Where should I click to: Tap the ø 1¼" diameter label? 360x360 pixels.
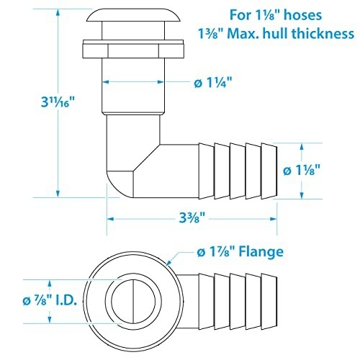point(213,83)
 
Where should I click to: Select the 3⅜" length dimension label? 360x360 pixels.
point(192,218)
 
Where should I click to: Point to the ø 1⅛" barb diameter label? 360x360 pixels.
point(302,170)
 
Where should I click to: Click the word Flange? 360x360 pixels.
point(261,251)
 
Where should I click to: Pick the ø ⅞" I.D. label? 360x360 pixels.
point(50,300)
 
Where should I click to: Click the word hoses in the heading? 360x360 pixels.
point(302,15)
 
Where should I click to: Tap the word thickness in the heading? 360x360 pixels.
point(323,33)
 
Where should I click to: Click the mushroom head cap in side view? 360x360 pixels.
point(133,16)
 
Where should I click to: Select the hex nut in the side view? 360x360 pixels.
point(133,49)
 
